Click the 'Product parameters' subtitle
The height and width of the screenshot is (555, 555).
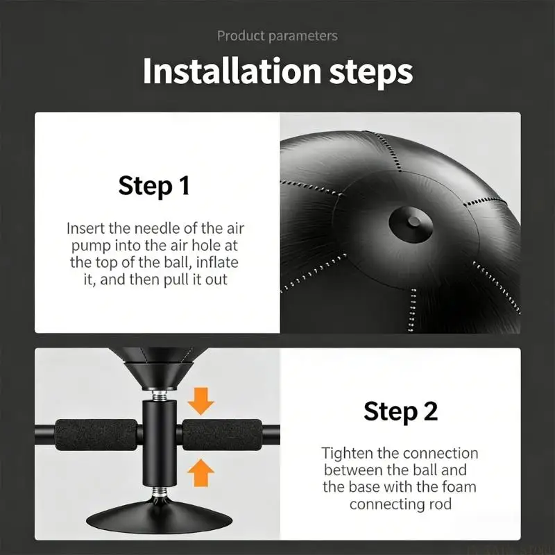pos(277,36)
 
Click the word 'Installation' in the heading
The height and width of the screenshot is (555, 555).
pos(232,71)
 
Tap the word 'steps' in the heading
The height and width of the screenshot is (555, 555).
pos(371,73)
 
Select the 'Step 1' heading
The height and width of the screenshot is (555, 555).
pos(154,185)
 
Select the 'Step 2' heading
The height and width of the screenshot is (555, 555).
pos(400,411)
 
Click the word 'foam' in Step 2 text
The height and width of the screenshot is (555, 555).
pos(459,487)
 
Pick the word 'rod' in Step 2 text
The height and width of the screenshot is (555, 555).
pos(441,504)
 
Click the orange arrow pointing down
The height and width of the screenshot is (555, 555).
pos(200,401)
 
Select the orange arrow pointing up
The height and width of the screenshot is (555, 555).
pos(200,473)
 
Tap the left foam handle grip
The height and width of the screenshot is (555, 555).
pos(96,435)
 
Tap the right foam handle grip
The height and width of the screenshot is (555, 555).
pos(222,435)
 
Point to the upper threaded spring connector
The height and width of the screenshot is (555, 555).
pos(160,395)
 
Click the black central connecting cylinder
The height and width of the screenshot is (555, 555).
pos(160,443)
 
